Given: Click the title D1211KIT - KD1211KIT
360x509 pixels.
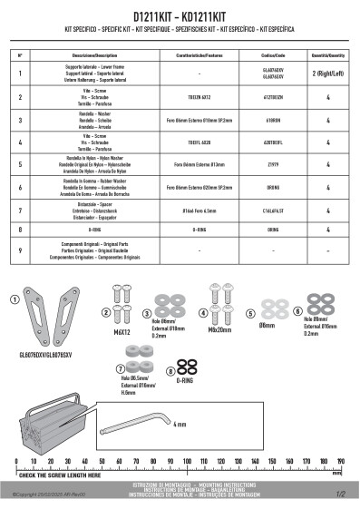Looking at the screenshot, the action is (x=180, y=17).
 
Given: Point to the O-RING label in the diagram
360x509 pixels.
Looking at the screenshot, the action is (x=189, y=383).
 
